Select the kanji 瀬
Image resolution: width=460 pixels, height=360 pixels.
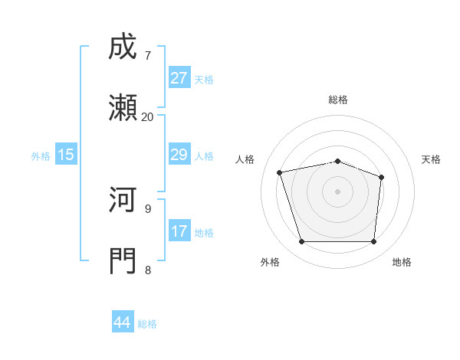coord(123,109)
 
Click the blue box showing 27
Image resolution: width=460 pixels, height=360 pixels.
coord(179,78)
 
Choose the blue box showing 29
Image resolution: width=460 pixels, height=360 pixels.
coord(179,155)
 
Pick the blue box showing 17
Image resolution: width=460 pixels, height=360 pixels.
coord(179,231)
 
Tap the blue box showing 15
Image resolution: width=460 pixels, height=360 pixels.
coord(66,155)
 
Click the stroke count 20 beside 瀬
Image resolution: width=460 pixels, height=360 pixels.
coord(147,116)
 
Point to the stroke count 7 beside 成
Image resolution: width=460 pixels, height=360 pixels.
coord(147,56)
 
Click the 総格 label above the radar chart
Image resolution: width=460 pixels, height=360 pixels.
coord(338,100)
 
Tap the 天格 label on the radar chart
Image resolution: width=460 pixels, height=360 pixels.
coord(431,159)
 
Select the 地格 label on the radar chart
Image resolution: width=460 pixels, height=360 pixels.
coord(402,262)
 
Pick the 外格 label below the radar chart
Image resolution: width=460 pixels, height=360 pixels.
coord(270,262)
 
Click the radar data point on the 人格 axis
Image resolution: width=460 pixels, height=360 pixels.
coord(280,172)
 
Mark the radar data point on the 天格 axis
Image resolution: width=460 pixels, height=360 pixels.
coord(381,177)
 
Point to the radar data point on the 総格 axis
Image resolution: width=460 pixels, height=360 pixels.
coord(338,161)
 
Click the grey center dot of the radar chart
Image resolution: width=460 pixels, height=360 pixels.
coord(338,191)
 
